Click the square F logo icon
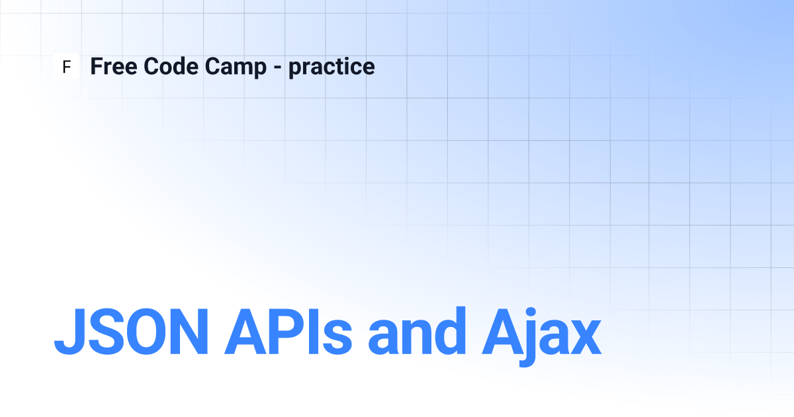66,66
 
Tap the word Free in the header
114,66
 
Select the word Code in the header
171,66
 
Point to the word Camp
236,68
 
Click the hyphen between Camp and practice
277,68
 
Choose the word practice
331,68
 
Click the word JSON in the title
131,332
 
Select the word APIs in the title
288,332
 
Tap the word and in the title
417,331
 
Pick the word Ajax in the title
542,336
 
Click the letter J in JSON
70,332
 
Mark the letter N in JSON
189,332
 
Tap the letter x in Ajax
581,337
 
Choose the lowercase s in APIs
337,337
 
